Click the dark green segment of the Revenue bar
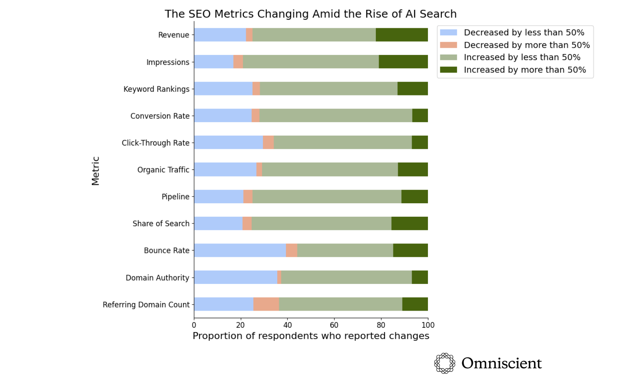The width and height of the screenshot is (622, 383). (402, 35)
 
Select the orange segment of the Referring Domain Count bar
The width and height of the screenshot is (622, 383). (266, 304)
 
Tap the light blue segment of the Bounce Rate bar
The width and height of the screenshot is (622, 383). (240, 251)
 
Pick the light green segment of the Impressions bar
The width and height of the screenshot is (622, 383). (311, 62)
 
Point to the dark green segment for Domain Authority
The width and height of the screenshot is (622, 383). (420, 278)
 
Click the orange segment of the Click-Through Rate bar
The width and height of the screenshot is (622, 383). (268, 143)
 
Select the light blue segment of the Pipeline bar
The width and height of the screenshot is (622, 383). (219, 196)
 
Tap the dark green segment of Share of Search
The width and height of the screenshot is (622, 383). (410, 224)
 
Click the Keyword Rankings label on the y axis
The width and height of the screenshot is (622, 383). (156, 89)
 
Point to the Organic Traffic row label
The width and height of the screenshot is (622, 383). (163, 170)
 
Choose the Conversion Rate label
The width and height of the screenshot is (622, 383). (160, 116)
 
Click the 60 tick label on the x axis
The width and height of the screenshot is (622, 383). (334, 325)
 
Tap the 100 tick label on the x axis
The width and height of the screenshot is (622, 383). (428, 325)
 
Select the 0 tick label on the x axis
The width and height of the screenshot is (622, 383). (194, 325)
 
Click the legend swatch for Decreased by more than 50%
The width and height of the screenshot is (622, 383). (449, 45)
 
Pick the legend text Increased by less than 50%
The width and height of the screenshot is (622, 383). (522, 57)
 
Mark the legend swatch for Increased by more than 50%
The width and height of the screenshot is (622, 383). (449, 70)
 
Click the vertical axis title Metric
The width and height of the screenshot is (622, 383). (95, 171)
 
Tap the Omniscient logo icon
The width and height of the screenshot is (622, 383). (444, 363)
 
